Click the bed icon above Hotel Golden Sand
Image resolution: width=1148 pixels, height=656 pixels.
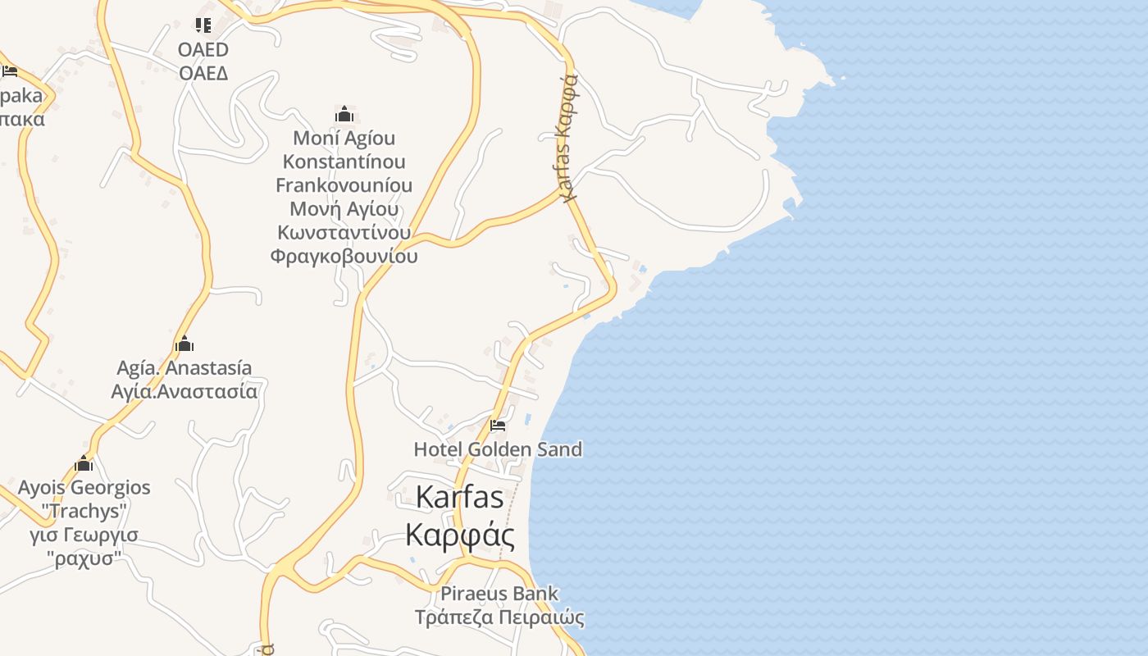coord(497,426)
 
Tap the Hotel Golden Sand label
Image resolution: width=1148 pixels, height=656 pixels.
coord(498,449)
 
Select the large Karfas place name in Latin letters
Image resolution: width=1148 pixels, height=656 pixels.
coord(459,497)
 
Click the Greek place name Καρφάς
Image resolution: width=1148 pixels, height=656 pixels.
coord(460,535)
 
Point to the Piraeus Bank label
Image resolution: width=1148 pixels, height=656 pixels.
coord(499,593)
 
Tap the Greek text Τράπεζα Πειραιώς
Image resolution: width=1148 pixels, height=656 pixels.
coord(499,617)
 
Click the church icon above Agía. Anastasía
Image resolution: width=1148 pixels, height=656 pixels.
coord(184,343)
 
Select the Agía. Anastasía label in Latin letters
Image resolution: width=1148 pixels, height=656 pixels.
coord(184,367)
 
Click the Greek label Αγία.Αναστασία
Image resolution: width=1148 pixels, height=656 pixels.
coord(184,391)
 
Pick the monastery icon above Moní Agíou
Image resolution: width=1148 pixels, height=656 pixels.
coord(344,113)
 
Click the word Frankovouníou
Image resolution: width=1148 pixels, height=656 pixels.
coord(344,185)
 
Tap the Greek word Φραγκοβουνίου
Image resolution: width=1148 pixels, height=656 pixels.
coord(344,257)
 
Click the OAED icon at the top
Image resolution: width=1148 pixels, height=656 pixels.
coord(203,25)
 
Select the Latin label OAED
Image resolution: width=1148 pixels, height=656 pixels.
coord(203,49)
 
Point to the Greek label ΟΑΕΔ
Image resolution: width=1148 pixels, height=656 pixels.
coord(203,73)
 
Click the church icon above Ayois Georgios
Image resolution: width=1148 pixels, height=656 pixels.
coord(84,464)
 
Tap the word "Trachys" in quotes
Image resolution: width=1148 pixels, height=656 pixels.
coord(84,512)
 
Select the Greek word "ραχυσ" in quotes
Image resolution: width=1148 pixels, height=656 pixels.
coord(84,559)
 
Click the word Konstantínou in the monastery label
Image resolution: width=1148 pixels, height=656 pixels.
coord(344,162)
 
